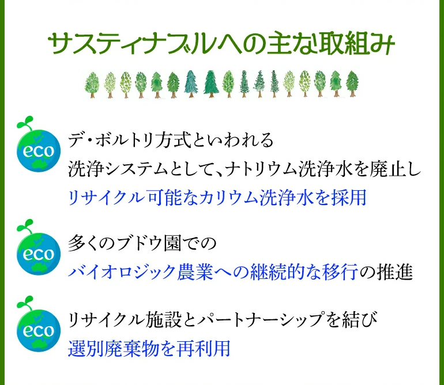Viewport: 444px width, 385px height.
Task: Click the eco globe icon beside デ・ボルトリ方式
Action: tap(39, 151)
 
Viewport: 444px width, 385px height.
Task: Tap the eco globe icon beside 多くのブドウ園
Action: tap(39, 252)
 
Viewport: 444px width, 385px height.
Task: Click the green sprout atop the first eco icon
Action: tap(25, 124)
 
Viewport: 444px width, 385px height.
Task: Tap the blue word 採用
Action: tap(351, 197)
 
